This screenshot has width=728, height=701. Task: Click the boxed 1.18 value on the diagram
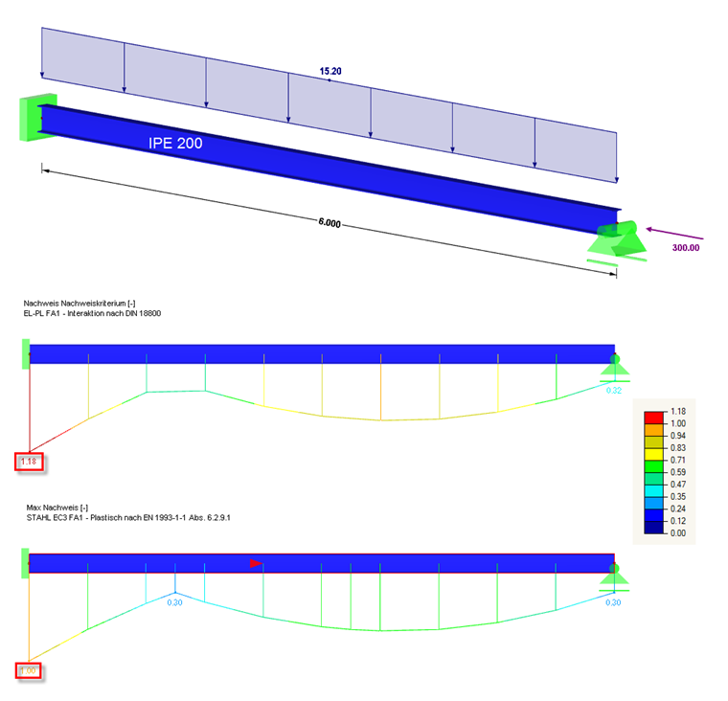(29, 463)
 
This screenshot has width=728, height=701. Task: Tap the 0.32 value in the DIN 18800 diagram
(614, 390)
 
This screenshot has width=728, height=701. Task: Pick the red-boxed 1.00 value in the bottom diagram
(29, 670)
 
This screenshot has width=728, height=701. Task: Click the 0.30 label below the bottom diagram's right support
(614, 602)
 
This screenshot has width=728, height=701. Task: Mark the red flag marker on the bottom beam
(256, 563)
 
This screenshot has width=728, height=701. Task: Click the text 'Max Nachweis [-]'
(57, 507)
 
